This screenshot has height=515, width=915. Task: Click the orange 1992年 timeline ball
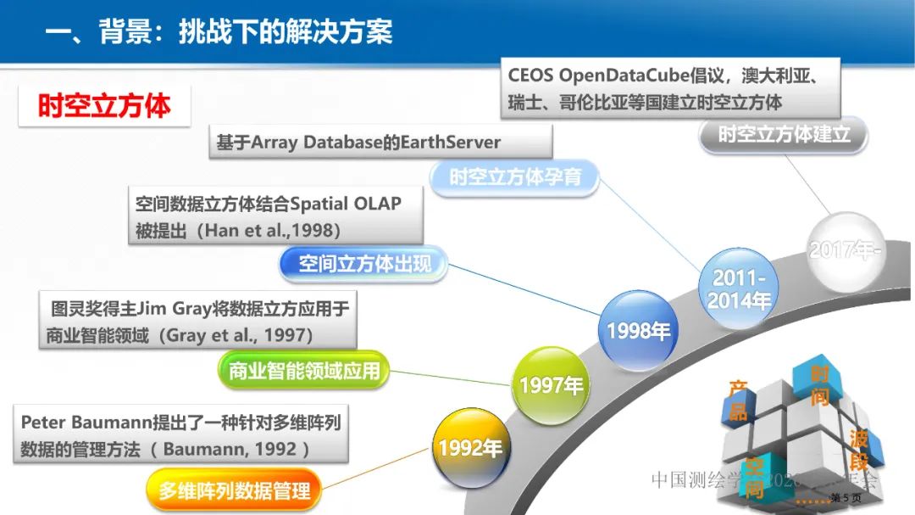(469, 447)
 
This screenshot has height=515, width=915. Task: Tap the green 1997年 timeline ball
(551, 386)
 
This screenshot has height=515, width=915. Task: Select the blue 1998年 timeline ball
(638, 330)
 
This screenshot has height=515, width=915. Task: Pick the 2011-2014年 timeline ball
(739, 288)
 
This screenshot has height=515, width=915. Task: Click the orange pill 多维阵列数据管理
(235, 490)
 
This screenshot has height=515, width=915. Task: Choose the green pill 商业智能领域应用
(303, 371)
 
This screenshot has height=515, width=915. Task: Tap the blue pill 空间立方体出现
(364, 264)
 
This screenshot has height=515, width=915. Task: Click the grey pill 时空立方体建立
(784, 134)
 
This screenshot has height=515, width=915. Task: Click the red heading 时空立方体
(104, 105)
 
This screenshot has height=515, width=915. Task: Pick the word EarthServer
(450, 142)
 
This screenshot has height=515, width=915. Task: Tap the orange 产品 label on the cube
(738, 400)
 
